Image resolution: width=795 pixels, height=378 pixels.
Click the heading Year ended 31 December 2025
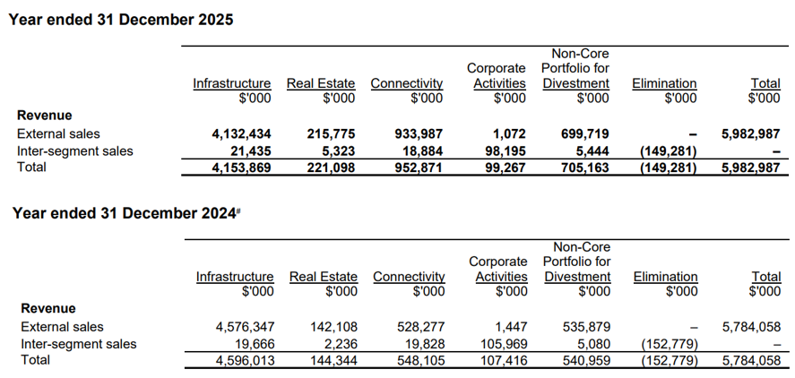[121, 20]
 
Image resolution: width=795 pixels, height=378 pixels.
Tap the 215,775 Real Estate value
[331, 133]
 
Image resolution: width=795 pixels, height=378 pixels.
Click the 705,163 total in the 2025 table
[584, 167]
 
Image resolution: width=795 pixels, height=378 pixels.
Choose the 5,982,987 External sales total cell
[751, 133]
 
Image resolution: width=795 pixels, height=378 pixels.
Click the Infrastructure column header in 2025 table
[231, 83]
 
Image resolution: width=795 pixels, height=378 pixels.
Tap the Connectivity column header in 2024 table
[409, 277]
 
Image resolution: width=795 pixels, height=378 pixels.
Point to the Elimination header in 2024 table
[665, 277]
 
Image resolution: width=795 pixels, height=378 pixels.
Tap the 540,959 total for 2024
[585, 360]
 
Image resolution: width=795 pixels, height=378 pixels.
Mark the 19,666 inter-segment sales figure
[253, 344]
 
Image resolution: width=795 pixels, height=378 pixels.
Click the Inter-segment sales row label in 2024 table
[78, 344]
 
